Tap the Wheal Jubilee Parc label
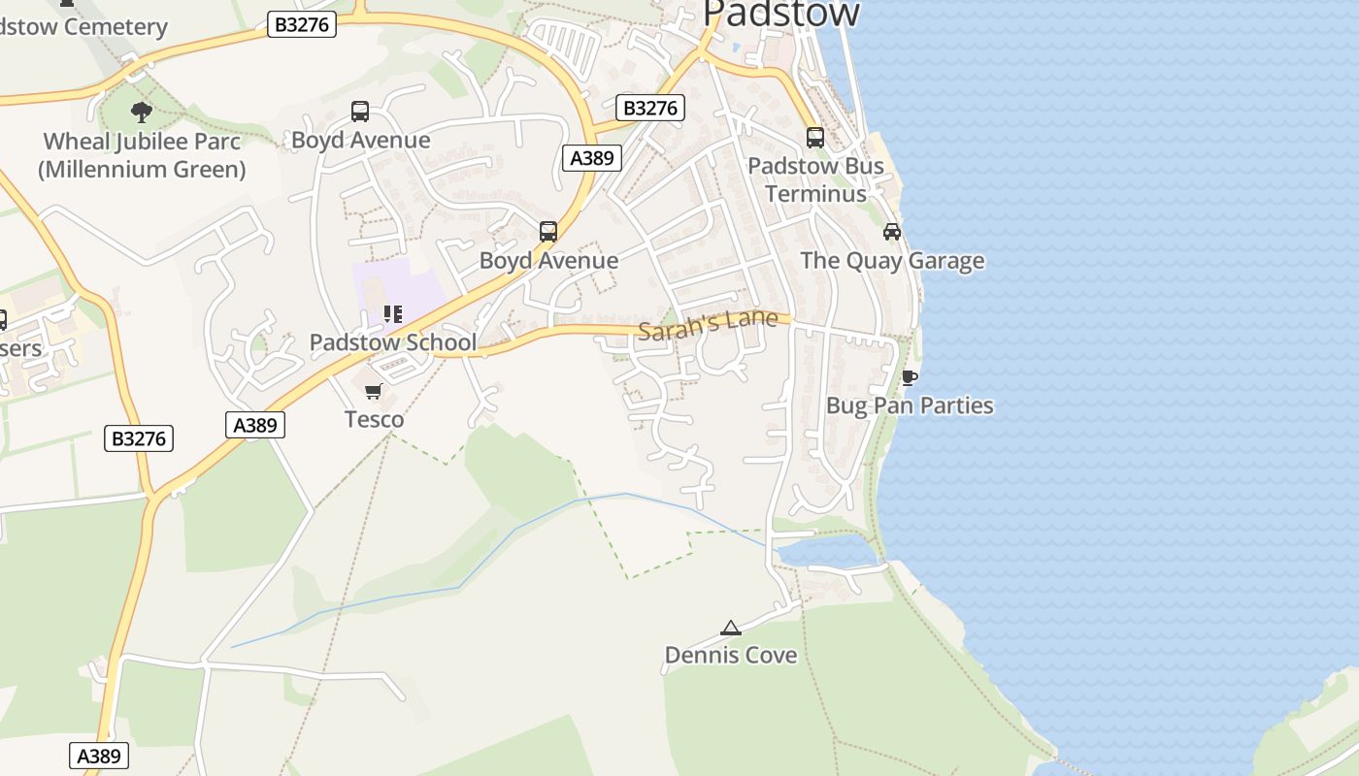click(x=142, y=155)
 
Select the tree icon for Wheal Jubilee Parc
click(x=142, y=112)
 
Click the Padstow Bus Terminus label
click(x=815, y=179)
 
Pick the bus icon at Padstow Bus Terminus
click(x=815, y=138)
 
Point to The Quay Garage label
click(x=892, y=261)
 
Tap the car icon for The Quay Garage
click(x=892, y=231)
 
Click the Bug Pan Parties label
click(x=910, y=405)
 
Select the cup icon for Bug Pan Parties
click(x=910, y=377)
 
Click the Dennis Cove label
click(x=731, y=656)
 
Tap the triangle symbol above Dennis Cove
click(x=731, y=629)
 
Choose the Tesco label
click(x=374, y=419)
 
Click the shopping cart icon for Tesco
click(x=374, y=392)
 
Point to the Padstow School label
click(x=392, y=342)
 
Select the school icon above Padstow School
click(x=392, y=314)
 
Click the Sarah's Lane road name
click(x=709, y=325)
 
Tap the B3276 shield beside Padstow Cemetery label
click(x=302, y=25)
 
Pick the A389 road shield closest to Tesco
click(x=255, y=425)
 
